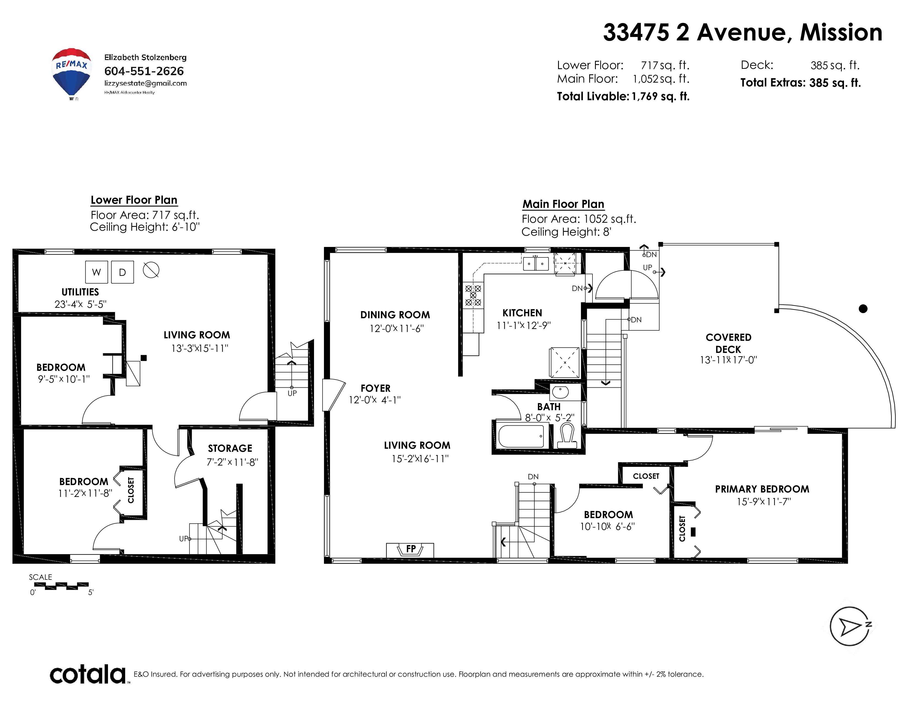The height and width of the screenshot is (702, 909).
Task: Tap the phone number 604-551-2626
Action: point(144,71)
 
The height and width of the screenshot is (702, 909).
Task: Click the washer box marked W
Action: point(97,272)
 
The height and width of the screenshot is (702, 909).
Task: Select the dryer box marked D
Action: point(122,272)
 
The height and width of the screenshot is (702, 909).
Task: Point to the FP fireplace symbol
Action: point(410,550)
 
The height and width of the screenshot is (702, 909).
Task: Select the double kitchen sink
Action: point(536,264)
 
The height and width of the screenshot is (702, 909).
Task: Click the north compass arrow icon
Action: point(850,626)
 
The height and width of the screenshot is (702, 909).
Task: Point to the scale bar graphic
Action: point(61,586)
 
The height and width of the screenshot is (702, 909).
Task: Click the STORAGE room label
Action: point(230,448)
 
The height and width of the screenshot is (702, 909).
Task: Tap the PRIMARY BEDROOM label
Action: point(762,489)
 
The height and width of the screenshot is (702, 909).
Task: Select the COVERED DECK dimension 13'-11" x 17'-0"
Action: point(728,360)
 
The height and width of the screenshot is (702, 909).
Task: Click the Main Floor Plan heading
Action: point(563,204)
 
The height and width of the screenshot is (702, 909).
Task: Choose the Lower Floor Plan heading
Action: point(134,200)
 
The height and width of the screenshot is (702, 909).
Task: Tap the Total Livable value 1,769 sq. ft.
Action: point(661,96)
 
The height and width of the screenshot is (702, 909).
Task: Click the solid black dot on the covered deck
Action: point(863,309)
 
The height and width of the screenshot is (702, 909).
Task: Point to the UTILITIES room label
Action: point(80,292)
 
